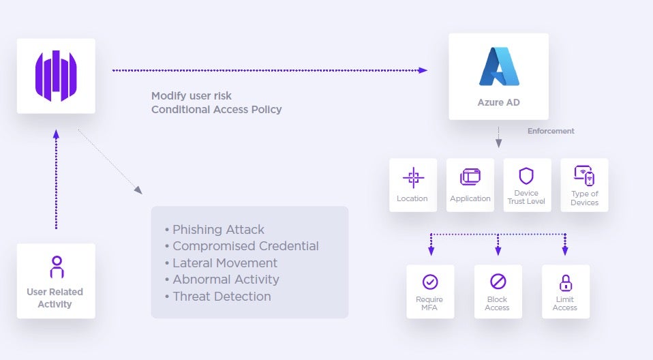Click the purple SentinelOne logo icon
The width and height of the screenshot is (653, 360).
(x=56, y=76)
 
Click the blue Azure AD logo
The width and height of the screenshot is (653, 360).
(x=499, y=67)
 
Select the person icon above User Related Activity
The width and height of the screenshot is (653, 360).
(x=57, y=267)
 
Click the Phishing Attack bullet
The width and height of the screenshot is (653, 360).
(x=215, y=229)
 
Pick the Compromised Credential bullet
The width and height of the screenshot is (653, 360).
(x=242, y=246)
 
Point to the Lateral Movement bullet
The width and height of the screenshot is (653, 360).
(x=221, y=262)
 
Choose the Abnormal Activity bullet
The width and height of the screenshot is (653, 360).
(x=222, y=280)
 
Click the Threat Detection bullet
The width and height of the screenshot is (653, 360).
(x=218, y=297)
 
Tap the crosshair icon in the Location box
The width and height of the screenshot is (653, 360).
(x=412, y=177)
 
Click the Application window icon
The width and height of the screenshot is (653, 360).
(x=470, y=177)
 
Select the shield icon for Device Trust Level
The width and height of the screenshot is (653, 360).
(x=526, y=176)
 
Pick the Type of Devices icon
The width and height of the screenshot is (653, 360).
(x=584, y=176)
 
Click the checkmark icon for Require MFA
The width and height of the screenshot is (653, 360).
(x=429, y=282)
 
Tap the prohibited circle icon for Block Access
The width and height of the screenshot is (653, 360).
(x=498, y=282)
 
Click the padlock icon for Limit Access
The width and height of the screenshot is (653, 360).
(x=565, y=282)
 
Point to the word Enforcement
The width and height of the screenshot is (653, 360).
(x=551, y=131)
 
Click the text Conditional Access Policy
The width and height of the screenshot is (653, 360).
(x=216, y=109)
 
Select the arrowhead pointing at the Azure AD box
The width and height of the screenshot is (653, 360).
(x=423, y=70)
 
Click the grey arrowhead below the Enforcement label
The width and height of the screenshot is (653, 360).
(x=498, y=144)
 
